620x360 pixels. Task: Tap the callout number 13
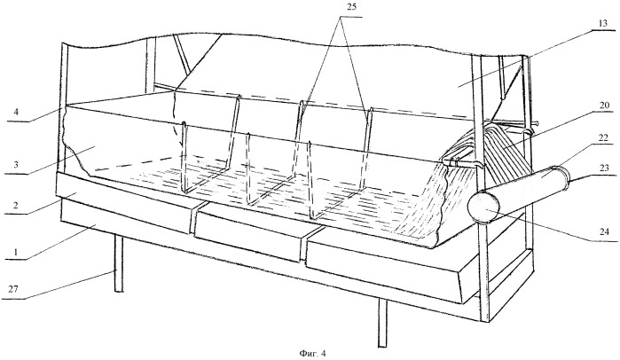pyautogui.click(x=602, y=24)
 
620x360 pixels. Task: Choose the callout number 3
pyautogui.click(x=15, y=165)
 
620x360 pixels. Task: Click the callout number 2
pyautogui.click(x=15, y=206)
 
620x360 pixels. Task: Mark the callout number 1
pyautogui.click(x=15, y=252)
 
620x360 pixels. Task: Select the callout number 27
pyautogui.click(x=13, y=289)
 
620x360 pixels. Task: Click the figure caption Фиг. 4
pyautogui.click(x=312, y=353)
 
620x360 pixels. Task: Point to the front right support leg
pyautogui.click(x=382, y=323)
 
